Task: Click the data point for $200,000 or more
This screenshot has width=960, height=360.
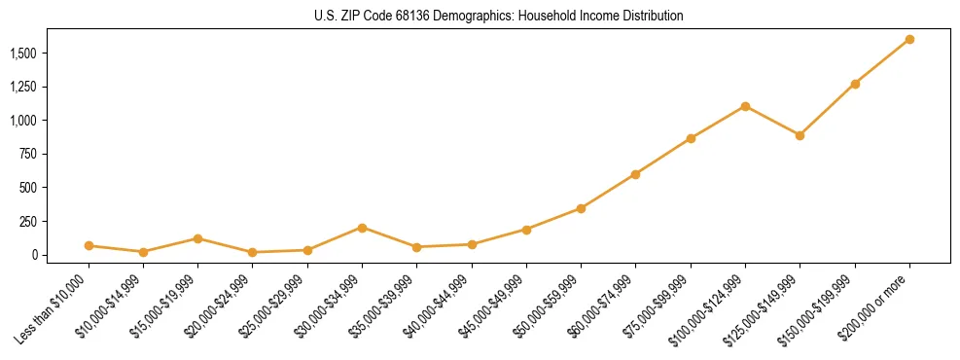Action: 909,39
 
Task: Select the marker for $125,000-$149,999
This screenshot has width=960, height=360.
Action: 800,135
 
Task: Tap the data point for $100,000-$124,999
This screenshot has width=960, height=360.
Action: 745,106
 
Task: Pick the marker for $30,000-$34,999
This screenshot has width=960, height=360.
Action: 362,228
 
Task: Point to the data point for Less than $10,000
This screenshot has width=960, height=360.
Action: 89,246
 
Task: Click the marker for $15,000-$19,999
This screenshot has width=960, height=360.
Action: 197,238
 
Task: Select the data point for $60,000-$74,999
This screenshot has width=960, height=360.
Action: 635,174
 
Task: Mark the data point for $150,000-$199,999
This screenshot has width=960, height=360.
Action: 855,84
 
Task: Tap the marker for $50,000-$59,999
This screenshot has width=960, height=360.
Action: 581,208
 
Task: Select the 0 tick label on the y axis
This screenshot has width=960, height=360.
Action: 39,255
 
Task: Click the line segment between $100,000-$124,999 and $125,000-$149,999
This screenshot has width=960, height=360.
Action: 772,121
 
